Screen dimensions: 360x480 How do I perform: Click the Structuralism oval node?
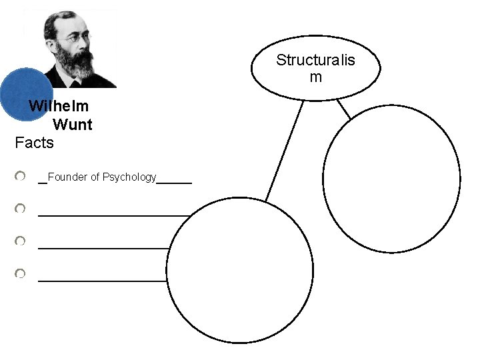coord(315,67)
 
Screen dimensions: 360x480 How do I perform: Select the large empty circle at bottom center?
coord(239,270)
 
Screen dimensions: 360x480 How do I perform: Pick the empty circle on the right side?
coord(391,178)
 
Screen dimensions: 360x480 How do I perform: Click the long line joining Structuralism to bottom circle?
coord(284,151)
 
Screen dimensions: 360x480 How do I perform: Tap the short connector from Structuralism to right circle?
coord(343,109)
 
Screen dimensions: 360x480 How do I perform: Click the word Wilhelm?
coord(59,106)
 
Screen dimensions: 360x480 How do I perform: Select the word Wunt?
coord(72,124)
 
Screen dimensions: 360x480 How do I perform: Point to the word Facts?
coord(34,142)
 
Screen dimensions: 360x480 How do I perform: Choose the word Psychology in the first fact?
coord(129,177)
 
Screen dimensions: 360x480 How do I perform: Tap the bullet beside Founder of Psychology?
coord(21,176)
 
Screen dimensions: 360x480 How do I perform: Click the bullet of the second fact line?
coord(21,209)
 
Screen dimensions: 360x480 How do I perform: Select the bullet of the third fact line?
coord(21,241)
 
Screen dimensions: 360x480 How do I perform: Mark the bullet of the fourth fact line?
coord(21,273)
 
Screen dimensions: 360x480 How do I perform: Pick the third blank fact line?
coord(103,248)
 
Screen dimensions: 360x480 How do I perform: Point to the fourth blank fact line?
coord(102,281)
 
